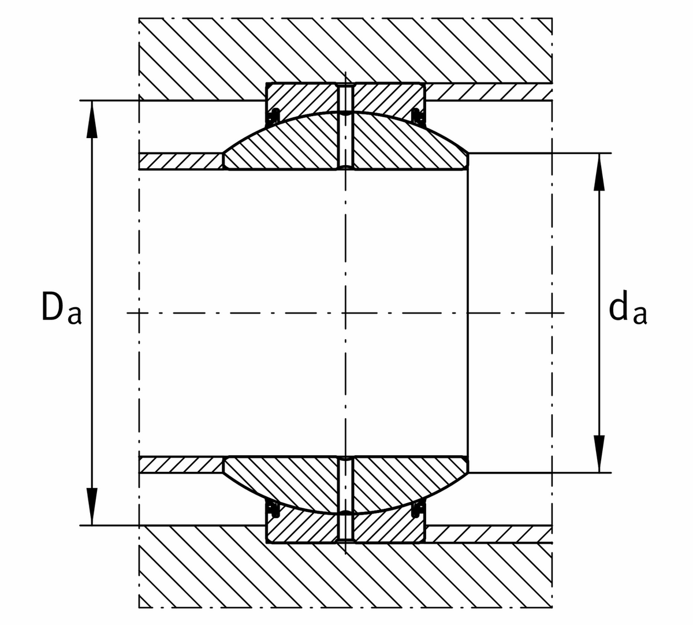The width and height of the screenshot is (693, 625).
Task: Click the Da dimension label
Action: [61, 307]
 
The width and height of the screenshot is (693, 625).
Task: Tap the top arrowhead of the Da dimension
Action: [92, 119]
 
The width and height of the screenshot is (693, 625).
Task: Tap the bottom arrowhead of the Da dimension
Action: [92, 507]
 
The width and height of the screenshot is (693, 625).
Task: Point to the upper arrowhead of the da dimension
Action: [599, 172]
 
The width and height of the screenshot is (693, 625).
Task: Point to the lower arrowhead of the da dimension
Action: [599, 454]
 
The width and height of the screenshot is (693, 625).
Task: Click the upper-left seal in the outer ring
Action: [275, 116]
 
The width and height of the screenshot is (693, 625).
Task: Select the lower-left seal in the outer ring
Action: [275, 510]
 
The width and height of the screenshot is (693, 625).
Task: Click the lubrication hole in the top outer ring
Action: [346, 98]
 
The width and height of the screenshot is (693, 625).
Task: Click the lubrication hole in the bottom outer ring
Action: [346, 528]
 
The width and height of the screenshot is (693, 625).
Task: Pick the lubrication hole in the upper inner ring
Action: [346, 141]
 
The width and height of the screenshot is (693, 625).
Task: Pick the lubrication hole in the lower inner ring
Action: [346, 485]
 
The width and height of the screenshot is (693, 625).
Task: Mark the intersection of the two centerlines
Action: [346, 313]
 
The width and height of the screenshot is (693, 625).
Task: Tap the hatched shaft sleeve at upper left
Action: [180, 161]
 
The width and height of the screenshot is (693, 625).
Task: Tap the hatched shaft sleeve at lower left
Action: [180, 464]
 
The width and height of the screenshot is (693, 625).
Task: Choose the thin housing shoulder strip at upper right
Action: [489, 92]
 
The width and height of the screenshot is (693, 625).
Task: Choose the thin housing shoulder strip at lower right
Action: [489, 534]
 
